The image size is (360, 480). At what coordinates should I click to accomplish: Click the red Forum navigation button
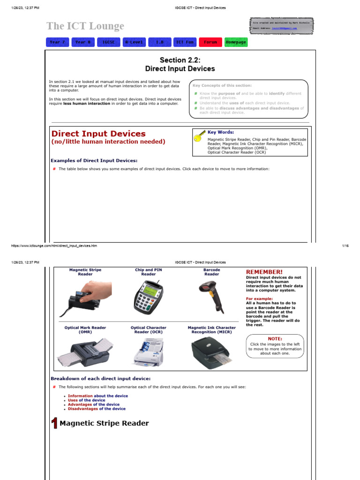210,42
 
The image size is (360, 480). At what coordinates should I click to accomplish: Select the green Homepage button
235,42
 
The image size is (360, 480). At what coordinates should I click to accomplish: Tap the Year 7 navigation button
58,42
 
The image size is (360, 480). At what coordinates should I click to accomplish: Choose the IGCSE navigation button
108,42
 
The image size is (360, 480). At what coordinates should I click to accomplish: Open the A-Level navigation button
134,42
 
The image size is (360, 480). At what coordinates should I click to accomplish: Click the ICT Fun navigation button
184,42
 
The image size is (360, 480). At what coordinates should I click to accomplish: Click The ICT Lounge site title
85,26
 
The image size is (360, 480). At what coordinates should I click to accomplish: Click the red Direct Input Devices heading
98,134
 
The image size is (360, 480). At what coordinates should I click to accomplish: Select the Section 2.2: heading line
180,60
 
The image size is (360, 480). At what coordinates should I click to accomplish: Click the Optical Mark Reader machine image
85,352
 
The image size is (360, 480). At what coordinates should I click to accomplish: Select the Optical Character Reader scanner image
148,352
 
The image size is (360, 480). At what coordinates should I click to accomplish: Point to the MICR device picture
211,353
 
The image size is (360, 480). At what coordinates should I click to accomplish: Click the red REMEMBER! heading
264,272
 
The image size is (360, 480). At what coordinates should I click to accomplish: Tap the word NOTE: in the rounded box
275,338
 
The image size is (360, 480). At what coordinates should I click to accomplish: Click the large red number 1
54,424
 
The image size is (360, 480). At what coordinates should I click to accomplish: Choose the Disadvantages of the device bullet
97,409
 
